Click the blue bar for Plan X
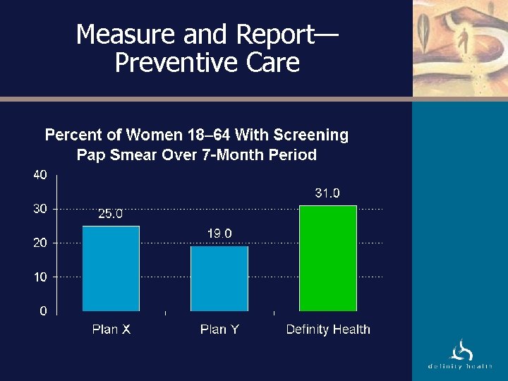tap(111, 268)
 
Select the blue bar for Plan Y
tap(219, 278)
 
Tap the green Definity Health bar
tap(328, 258)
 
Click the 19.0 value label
tap(219, 234)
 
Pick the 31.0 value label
tap(327, 193)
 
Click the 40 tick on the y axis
tap(40, 175)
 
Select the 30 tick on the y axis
tap(40, 209)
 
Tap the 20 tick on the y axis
tap(40, 243)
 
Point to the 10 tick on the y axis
tap(40, 277)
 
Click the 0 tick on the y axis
tap(43, 310)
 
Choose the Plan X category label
tap(111, 329)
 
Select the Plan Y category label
tap(219, 329)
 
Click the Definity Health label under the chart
tap(328, 329)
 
